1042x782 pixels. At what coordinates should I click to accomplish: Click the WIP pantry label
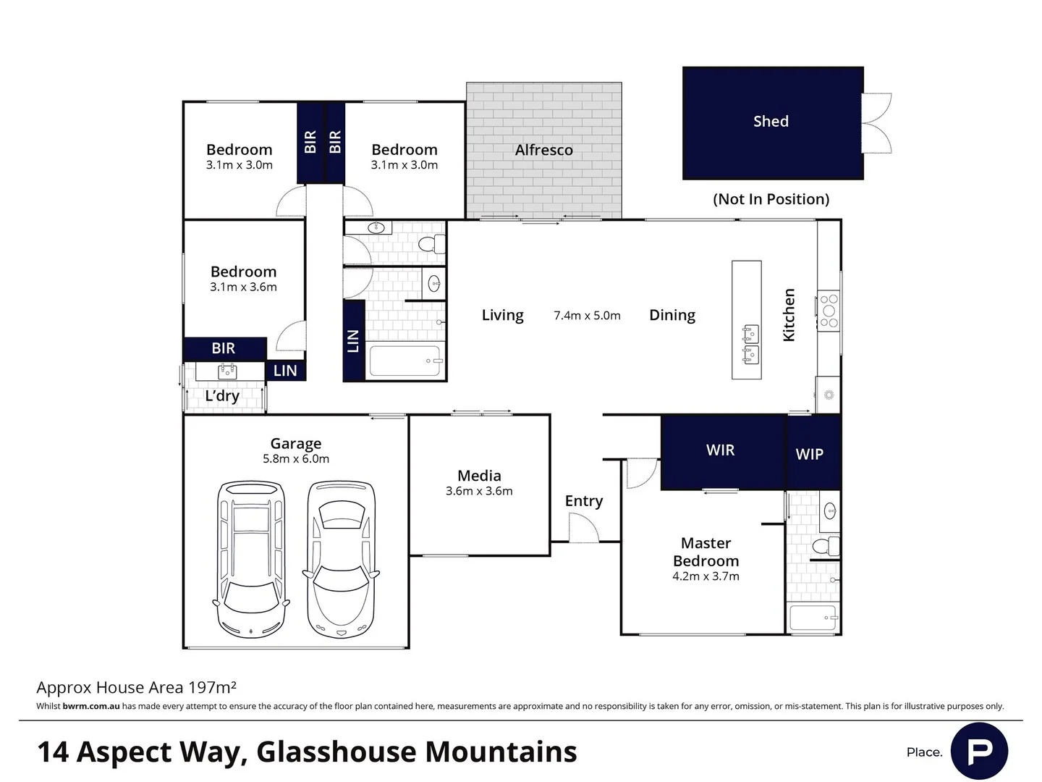point(809,454)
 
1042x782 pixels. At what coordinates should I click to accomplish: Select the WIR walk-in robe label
point(720,450)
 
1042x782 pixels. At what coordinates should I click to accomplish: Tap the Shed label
point(771,121)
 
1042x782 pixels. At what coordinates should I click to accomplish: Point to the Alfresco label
point(543,150)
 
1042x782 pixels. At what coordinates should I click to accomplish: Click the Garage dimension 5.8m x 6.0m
point(296,458)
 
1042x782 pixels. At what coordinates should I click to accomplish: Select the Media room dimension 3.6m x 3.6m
point(479,491)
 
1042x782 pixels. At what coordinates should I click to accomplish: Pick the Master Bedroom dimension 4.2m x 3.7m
point(706,576)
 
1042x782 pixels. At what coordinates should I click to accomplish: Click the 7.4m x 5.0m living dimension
point(587,316)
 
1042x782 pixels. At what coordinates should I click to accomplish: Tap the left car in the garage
point(251,559)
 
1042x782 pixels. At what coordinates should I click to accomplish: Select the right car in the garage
point(342,559)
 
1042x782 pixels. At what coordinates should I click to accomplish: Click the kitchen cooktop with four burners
point(829,311)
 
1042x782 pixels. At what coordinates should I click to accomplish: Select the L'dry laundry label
point(222,396)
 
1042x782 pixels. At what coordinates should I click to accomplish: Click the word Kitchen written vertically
point(789,315)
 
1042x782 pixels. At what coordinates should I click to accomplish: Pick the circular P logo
point(979,751)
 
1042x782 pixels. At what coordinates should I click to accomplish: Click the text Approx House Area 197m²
point(136,687)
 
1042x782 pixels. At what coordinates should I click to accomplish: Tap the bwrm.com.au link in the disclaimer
point(91,706)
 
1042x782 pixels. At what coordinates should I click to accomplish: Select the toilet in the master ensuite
point(825,545)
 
